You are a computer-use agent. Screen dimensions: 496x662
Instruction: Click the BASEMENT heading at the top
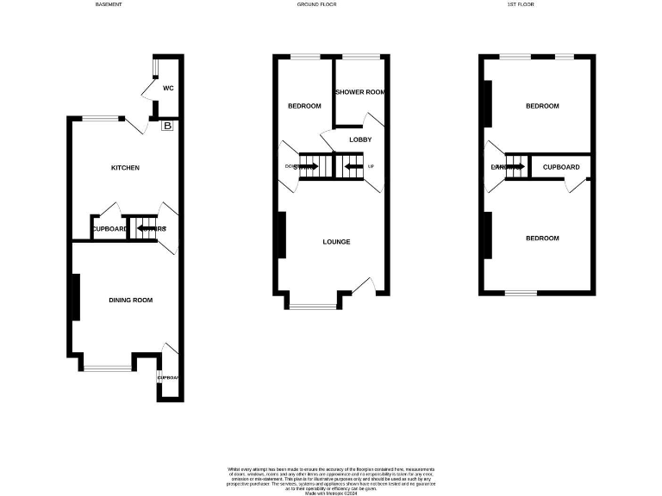pos(108,5)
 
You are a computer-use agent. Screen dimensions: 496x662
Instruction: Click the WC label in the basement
pos(169,88)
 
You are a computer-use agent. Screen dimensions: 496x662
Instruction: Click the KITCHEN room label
pos(125,168)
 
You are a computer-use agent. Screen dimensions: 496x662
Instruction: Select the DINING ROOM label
pos(131,300)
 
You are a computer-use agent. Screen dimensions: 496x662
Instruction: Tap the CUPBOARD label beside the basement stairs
pos(109,229)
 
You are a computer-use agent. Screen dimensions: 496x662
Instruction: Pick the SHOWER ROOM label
pos(359,92)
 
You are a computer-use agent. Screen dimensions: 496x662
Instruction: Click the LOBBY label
pos(359,139)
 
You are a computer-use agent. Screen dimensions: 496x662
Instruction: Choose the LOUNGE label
pos(336,242)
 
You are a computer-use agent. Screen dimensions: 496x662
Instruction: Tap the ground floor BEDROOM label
pos(304,106)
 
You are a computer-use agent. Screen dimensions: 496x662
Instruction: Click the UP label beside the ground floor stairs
pos(371,166)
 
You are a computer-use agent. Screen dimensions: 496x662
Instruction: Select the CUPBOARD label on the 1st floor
pos(561,166)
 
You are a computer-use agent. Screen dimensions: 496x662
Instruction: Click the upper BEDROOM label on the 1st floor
pos(542,106)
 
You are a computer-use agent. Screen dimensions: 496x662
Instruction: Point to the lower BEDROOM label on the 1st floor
pos(542,239)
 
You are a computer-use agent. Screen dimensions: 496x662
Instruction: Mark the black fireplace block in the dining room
pos(76,298)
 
